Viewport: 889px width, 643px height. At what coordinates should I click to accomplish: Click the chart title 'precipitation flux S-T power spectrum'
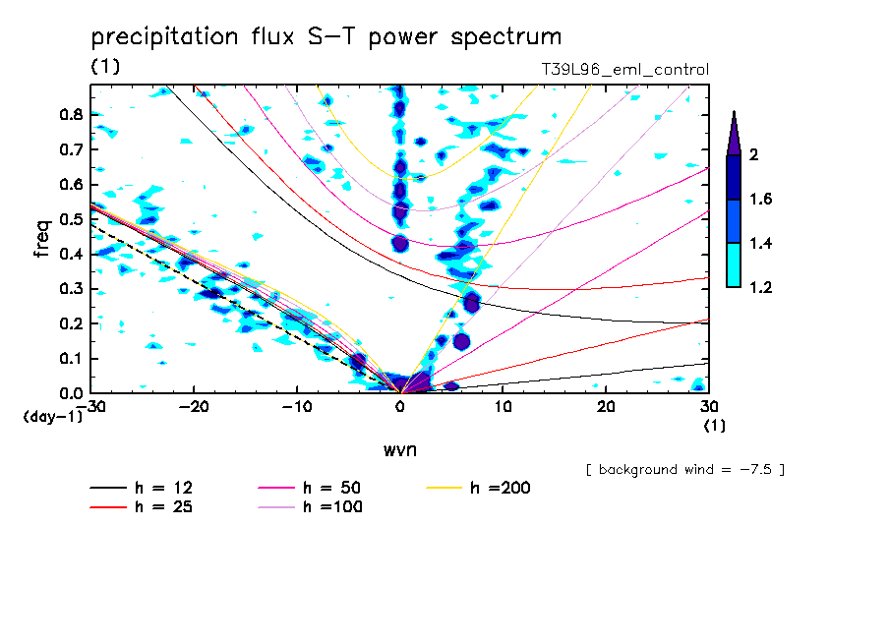pos(326,37)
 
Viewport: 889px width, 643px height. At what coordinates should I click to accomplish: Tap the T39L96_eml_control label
pos(624,70)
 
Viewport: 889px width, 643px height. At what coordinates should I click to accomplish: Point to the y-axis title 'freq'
pos(42,238)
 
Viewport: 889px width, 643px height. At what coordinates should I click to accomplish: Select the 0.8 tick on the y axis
pos(69,114)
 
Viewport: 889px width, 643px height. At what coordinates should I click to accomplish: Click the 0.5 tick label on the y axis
pos(69,219)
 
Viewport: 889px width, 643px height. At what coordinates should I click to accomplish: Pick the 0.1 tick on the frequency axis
pos(69,359)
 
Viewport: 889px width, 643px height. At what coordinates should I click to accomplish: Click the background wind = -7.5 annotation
pos(684,469)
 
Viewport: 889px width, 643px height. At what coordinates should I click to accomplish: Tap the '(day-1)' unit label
pos(52,417)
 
